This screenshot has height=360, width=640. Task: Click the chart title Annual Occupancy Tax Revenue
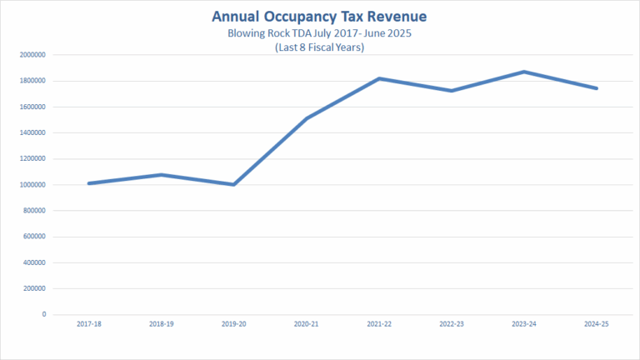tap(319, 17)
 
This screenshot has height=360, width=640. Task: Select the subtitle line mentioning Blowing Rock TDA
tap(319, 34)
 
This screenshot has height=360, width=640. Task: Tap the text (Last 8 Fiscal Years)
tap(319, 48)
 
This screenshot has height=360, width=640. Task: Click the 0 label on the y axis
tap(43, 314)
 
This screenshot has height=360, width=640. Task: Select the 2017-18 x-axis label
tap(88, 325)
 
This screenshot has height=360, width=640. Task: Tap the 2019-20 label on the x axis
tap(234, 325)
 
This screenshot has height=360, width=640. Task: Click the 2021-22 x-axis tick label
tap(379, 325)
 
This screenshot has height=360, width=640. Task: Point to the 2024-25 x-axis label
tap(597, 325)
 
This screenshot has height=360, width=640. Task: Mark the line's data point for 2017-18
tap(88, 183)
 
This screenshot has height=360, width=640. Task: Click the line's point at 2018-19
tap(161, 174)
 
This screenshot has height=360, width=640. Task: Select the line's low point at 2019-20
tap(234, 184)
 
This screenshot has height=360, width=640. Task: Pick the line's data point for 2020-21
tap(307, 118)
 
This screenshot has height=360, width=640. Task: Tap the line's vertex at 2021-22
tap(379, 78)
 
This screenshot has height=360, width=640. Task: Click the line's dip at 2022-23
tap(452, 90)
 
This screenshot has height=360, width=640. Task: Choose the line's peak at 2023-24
tap(524, 72)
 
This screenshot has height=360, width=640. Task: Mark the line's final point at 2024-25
tap(597, 88)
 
